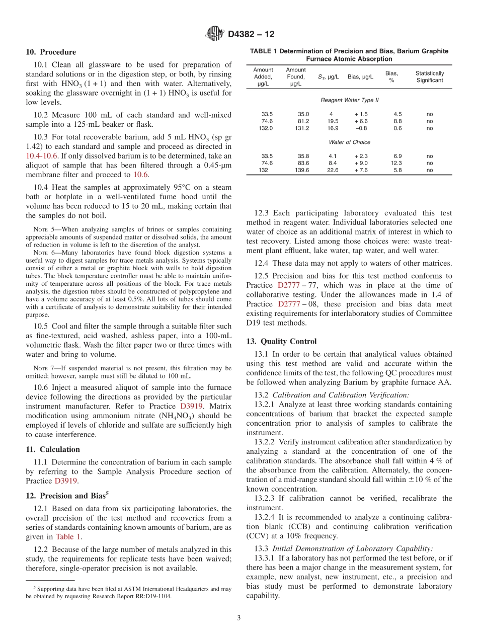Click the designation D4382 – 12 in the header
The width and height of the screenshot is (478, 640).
251,35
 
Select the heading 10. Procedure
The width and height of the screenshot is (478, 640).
51,52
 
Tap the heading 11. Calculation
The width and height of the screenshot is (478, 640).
53,449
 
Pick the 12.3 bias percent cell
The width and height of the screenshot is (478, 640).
396,163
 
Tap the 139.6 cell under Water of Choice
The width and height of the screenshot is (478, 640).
302,170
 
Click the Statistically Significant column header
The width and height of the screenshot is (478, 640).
429,76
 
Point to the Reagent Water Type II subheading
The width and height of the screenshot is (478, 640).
350,100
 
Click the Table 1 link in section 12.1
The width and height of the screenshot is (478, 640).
68,536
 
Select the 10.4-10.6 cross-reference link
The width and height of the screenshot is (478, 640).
42,156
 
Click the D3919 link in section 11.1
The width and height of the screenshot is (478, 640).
65,481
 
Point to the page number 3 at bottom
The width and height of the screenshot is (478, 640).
239,618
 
